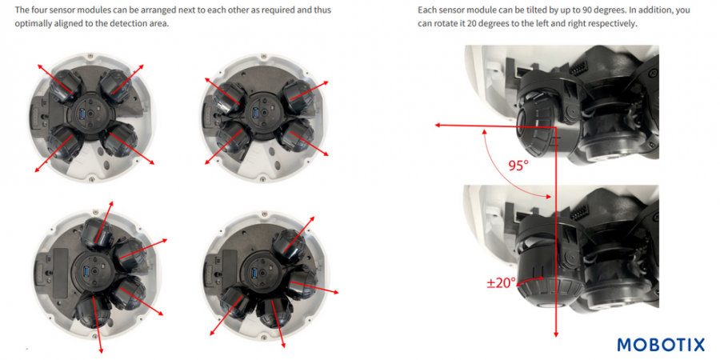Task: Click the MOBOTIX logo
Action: [x=661, y=345]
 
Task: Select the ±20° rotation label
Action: [x=502, y=282]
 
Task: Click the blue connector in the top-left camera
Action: [x=80, y=114]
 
